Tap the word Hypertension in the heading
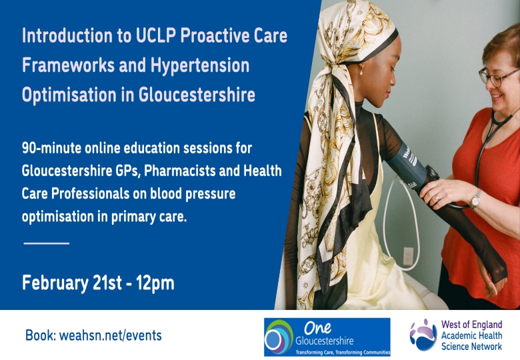click(200, 65)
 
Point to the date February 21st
click(72, 283)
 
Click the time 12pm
click(155, 283)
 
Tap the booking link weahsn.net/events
click(111, 335)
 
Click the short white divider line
click(47, 243)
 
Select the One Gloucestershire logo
click(327, 337)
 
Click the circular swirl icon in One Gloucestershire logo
click(279, 337)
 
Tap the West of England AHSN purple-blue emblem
click(423, 335)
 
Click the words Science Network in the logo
click(471, 347)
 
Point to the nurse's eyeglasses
click(497, 77)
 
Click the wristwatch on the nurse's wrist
click(475, 199)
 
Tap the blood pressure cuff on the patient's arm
click(407, 165)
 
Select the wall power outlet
click(407, 256)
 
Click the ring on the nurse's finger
click(437, 198)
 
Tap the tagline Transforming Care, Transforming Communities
click(343, 353)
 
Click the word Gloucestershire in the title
click(197, 95)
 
